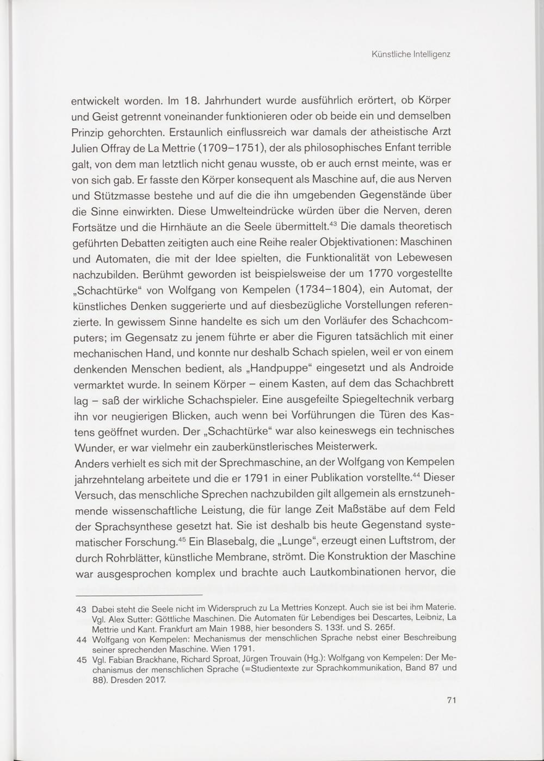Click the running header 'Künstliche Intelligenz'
(411, 54)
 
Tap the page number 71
(450, 701)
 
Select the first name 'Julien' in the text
(86, 148)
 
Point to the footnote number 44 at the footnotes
(82, 639)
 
